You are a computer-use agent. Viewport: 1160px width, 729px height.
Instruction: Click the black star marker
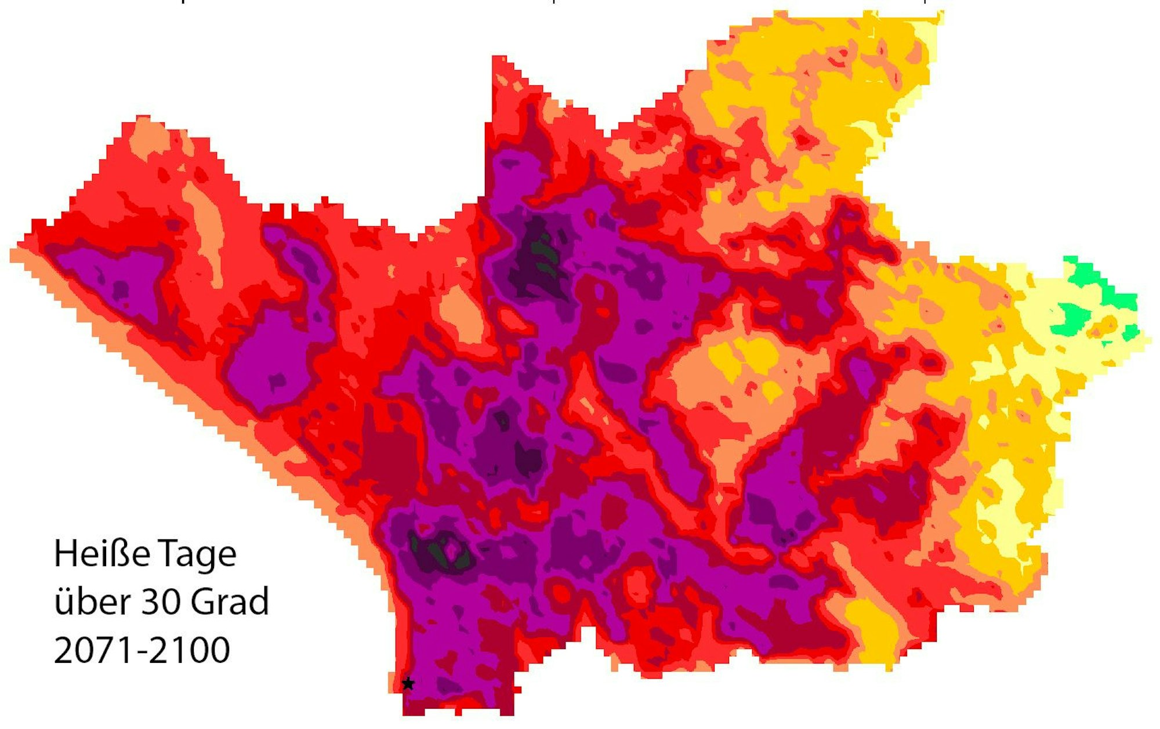tap(408, 683)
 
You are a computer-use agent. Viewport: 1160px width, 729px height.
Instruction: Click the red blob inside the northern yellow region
tap(803, 139)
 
